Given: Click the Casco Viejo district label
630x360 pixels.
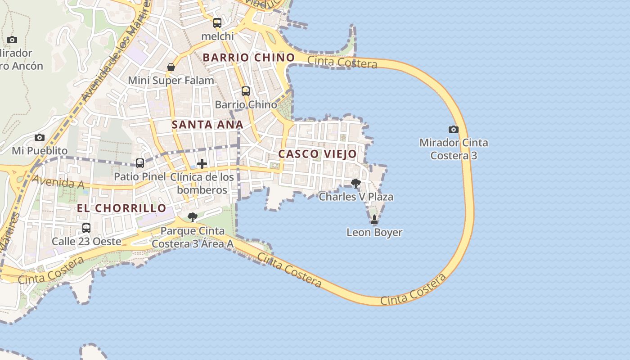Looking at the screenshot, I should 317,154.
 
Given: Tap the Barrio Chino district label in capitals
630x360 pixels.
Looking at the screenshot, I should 249,58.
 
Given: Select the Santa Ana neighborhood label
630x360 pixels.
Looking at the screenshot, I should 207,125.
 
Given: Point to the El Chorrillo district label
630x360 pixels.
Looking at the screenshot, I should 121,208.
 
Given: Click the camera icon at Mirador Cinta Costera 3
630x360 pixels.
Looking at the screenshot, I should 454,130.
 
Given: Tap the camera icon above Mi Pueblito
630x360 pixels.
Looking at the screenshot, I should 40,137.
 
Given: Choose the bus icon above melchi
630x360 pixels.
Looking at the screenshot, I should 217,23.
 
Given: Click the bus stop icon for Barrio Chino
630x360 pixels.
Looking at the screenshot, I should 246,91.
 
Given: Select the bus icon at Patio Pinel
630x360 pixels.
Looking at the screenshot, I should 140,163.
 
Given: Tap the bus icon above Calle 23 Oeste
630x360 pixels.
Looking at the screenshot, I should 86,228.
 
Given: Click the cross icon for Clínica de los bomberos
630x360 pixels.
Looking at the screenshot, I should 202,164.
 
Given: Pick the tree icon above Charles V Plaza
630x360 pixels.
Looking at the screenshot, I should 356,183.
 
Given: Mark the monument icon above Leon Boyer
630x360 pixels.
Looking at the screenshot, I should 374,220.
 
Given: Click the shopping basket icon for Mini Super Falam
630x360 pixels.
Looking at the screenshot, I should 171,67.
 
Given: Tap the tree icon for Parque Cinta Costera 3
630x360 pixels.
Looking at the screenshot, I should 193,217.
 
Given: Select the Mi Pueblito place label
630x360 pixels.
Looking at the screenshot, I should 40,150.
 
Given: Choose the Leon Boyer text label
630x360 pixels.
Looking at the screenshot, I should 374,233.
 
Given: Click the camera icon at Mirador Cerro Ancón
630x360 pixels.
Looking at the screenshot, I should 12,40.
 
